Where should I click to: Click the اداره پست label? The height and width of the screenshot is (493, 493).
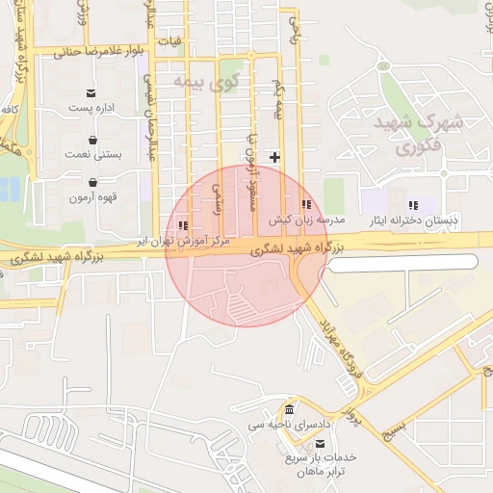(x=91, y=108)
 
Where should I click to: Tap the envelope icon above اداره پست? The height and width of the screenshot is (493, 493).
(x=91, y=93)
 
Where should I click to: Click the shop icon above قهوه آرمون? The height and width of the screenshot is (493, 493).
(x=92, y=182)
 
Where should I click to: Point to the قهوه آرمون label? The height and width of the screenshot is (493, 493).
(x=92, y=197)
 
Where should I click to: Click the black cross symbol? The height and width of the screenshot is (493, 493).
(x=276, y=156)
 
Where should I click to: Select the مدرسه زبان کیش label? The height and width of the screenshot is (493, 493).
(x=306, y=221)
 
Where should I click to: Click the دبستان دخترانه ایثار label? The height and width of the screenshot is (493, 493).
(x=413, y=221)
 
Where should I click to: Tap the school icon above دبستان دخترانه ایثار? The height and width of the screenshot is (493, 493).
(x=413, y=205)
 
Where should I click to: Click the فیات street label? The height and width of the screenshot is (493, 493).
(x=173, y=42)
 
